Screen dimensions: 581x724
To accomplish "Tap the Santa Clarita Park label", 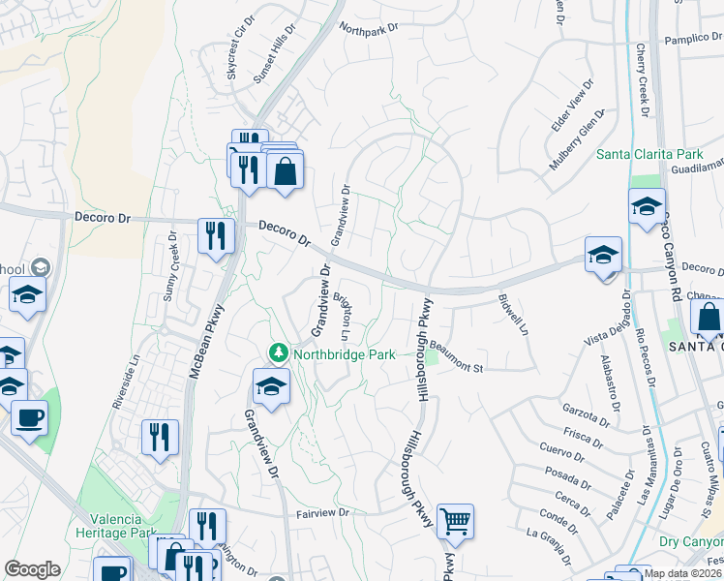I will click(649, 154).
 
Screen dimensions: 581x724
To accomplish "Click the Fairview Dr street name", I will click(322, 512).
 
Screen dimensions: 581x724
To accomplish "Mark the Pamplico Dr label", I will click(693, 42).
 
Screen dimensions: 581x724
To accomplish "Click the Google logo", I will click(32, 569).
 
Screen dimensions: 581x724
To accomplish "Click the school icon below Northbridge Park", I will click(272, 388).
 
